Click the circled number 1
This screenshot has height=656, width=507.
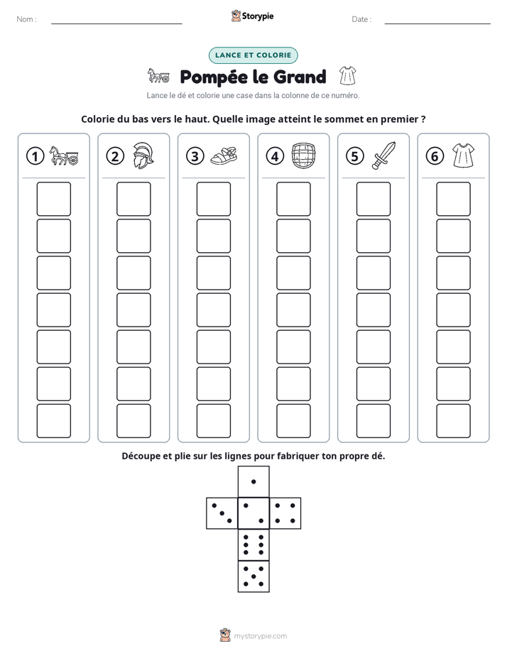35,156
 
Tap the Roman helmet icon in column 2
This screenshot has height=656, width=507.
143,155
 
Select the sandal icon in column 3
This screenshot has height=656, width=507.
224,155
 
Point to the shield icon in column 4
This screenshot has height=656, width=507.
303,155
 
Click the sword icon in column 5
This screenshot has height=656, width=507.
383,155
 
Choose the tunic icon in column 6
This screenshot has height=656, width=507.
464,155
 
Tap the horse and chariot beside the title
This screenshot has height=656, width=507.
158,76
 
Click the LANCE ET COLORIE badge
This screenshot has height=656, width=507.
253,55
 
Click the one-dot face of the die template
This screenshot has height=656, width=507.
253,481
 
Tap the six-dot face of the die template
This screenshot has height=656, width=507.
253,545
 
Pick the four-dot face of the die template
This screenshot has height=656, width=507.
285,513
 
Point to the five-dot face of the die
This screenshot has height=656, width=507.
253,576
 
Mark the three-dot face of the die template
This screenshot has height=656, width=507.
222,513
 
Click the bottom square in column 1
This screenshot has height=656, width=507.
53,421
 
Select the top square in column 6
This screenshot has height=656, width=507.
453,199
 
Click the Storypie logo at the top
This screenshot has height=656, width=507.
252,16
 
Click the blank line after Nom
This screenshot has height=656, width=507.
116,23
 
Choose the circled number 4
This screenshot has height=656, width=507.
275,156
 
